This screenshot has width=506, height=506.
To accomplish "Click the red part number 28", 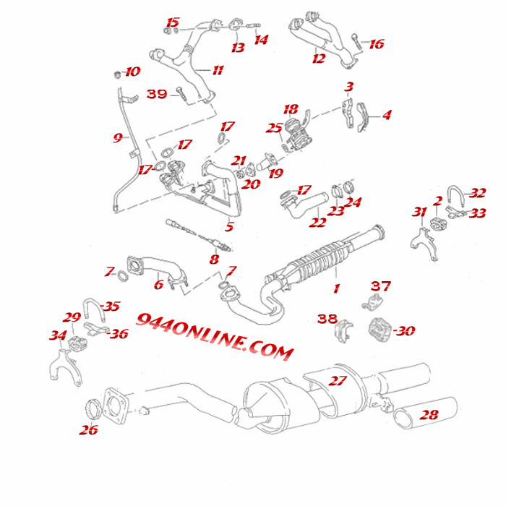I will tap(429, 416).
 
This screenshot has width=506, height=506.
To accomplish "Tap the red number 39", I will tap(157, 94).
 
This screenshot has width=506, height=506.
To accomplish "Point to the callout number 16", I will tap(377, 44).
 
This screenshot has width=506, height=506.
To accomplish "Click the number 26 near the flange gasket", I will tap(88, 430).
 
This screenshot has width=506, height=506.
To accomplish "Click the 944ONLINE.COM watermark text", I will tap(215, 337).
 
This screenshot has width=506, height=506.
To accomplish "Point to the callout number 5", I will tap(229, 227).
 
